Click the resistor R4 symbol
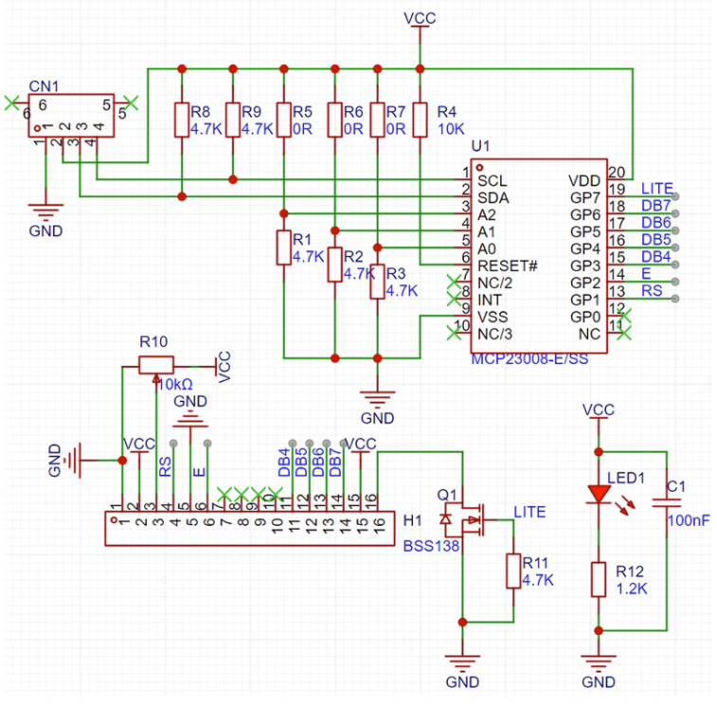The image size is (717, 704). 420,119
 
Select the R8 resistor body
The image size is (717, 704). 182,119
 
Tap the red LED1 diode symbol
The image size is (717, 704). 598,494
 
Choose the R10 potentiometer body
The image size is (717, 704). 156,364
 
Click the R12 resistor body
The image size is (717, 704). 598,579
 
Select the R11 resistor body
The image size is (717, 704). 513,570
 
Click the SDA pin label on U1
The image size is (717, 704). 493,197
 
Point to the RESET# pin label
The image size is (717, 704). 507,265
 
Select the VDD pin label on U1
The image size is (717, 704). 583,180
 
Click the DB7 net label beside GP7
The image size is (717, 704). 656,206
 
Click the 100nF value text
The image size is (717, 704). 689,521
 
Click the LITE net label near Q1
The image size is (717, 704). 529,512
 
